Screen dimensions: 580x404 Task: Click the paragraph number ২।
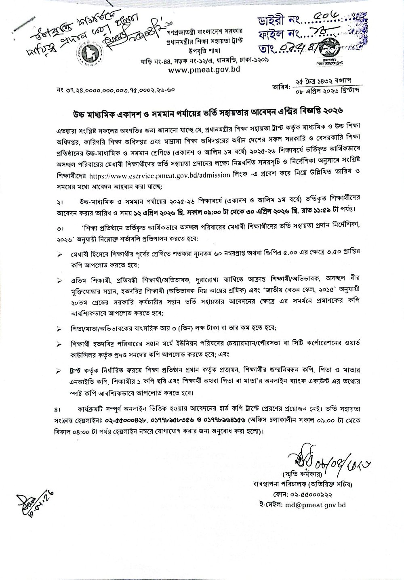click(x=60, y=202)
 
